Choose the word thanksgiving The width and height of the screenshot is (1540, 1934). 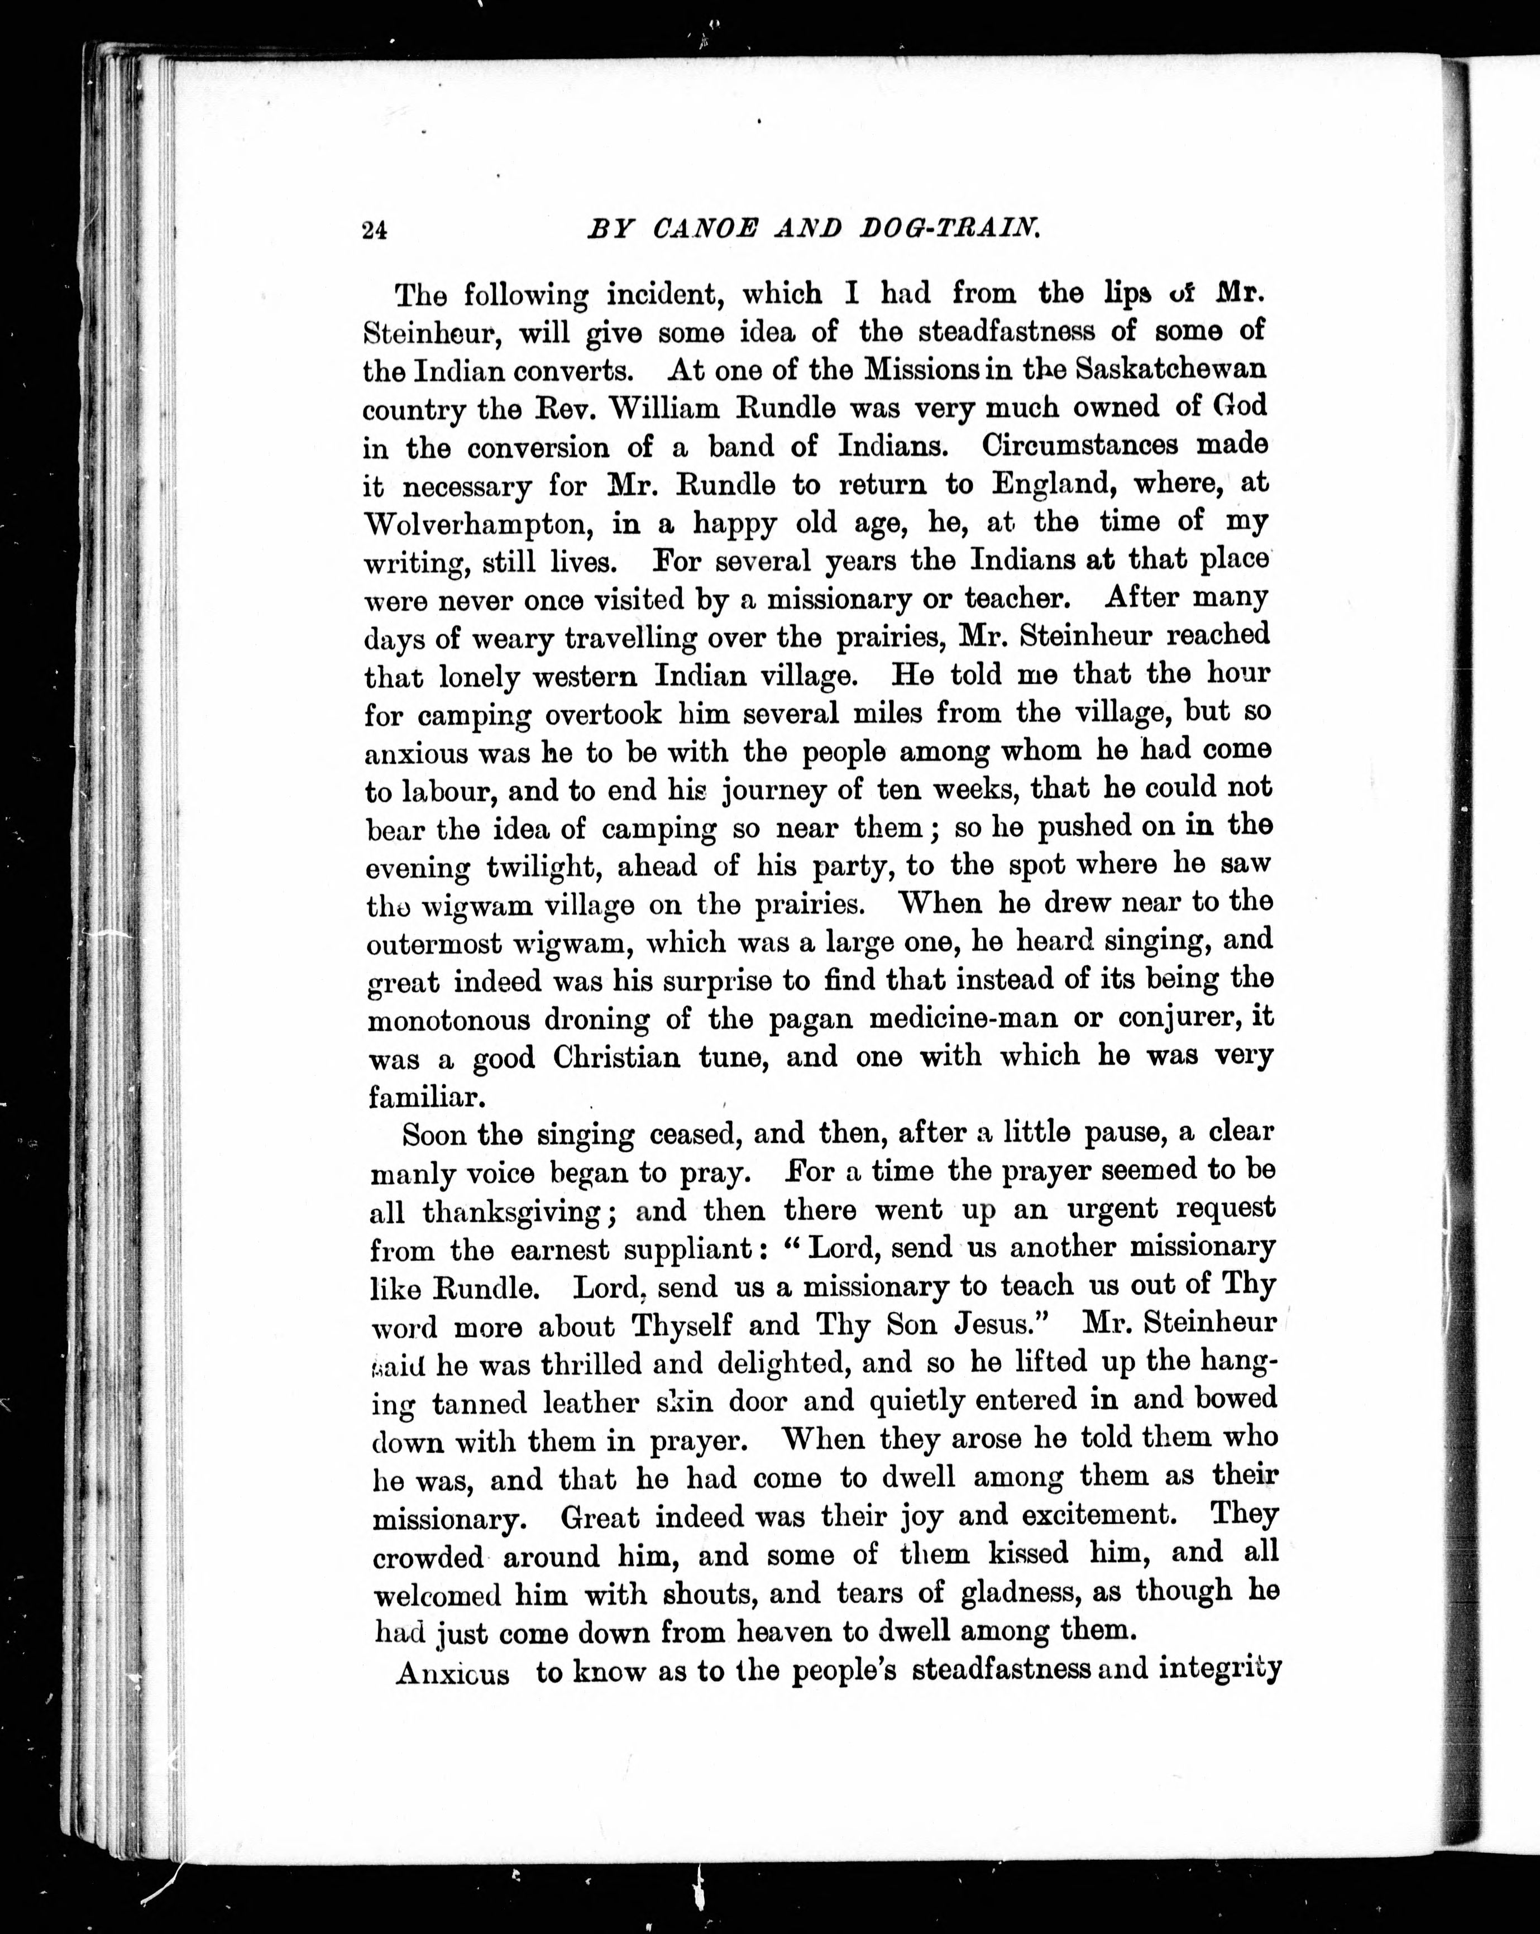click(510, 1213)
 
